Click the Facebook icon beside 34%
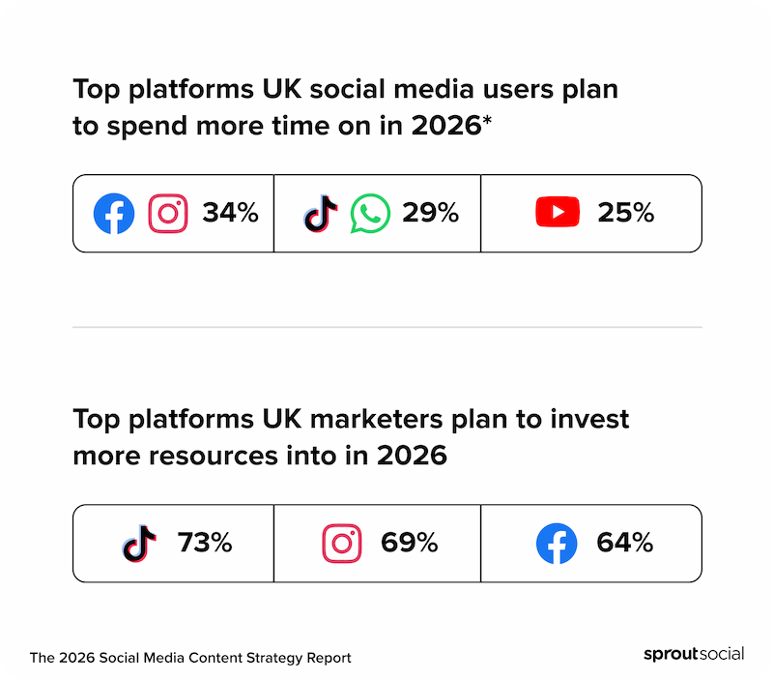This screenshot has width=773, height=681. pyautogui.click(x=114, y=213)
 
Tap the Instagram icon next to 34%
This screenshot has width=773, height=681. pyautogui.click(x=168, y=213)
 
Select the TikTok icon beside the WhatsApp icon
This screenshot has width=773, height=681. pyautogui.click(x=321, y=213)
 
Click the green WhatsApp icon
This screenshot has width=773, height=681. pyautogui.click(x=370, y=213)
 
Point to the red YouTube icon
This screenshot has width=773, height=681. pyautogui.click(x=558, y=213)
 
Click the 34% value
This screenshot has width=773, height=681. pyautogui.click(x=230, y=213)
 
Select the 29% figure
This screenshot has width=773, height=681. pyautogui.click(x=430, y=213)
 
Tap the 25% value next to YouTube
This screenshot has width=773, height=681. pyautogui.click(x=626, y=213)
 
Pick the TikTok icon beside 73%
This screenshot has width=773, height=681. pyautogui.click(x=139, y=544)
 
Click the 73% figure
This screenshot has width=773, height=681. pyautogui.click(x=205, y=544)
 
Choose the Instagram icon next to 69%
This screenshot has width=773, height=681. pyautogui.click(x=341, y=544)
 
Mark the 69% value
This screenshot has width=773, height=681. pyautogui.click(x=409, y=544)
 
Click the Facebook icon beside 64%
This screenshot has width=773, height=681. pyautogui.click(x=557, y=544)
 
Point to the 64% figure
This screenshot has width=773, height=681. pyautogui.click(x=624, y=544)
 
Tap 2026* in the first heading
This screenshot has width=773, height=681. pyautogui.click(x=447, y=127)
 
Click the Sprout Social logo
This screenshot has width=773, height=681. pyautogui.click(x=694, y=654)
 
